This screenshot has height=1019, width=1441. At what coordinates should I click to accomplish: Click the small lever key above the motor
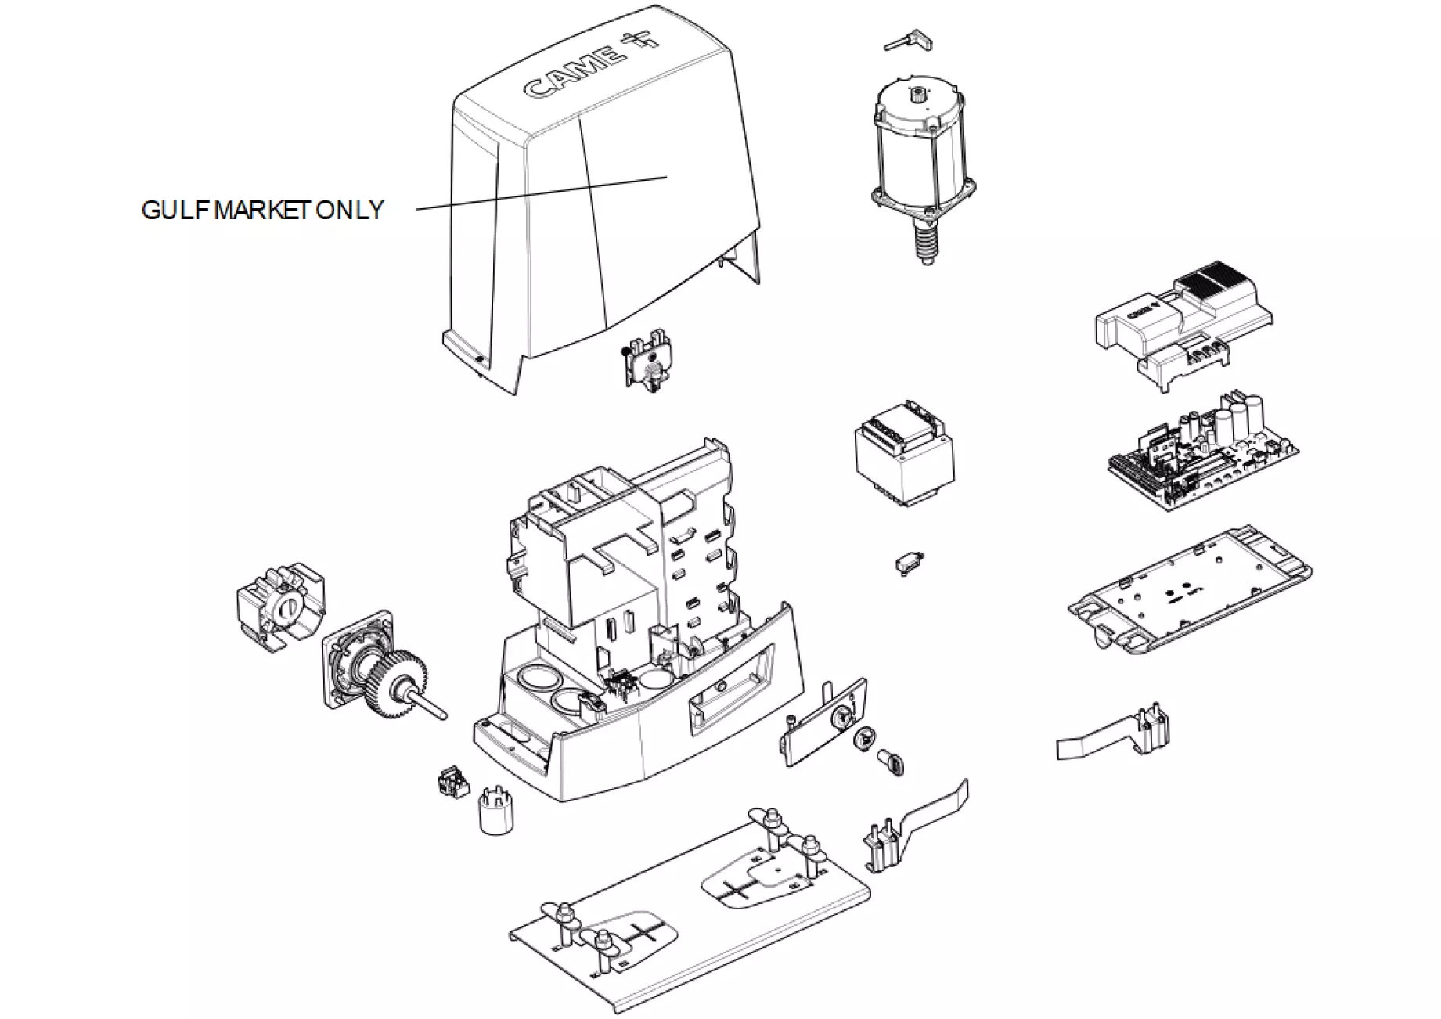pos(906,41)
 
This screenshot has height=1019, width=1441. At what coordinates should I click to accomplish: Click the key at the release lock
pos(892,762)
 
